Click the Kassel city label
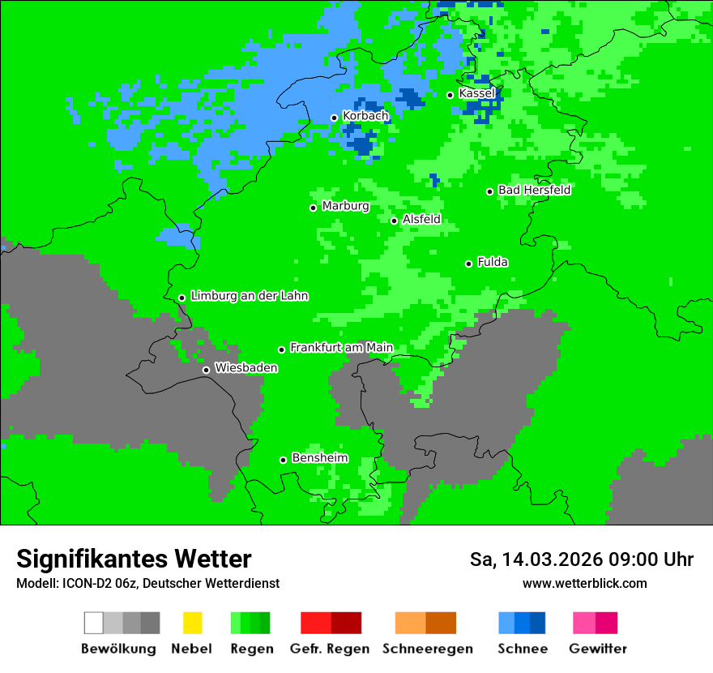tap(476, 93)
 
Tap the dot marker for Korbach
tap(334, 118)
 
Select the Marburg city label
tap(345, 206)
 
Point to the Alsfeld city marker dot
tap(394, 221)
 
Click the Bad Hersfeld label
tap(534, 190)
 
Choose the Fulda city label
tap(493, 262)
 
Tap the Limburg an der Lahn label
tap(249, 296)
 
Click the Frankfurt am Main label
tap(341, 348)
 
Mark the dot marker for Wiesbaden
tap(206, 370)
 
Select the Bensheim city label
tap(319, 458)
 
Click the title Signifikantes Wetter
tap(134, 559)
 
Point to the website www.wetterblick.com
tap(584, 583)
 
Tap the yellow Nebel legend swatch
tap(192, 623)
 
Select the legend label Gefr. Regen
tap(330, 649)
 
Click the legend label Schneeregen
tap(427, 649)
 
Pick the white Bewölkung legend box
tap(94, 623)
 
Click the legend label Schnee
tap(522, 649)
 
